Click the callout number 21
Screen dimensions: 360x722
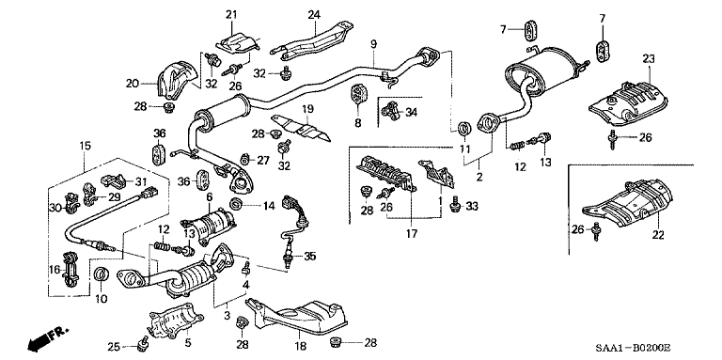(231, 13)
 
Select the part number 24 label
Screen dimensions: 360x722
(314, 13)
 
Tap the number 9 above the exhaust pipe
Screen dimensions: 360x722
(373, 45)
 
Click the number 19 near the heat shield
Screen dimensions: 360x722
(306, 111)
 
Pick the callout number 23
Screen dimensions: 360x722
(648, 59)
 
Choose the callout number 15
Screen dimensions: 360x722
(86, 147)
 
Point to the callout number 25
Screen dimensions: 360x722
(114, 348)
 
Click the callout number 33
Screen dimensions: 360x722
(472, 206)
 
